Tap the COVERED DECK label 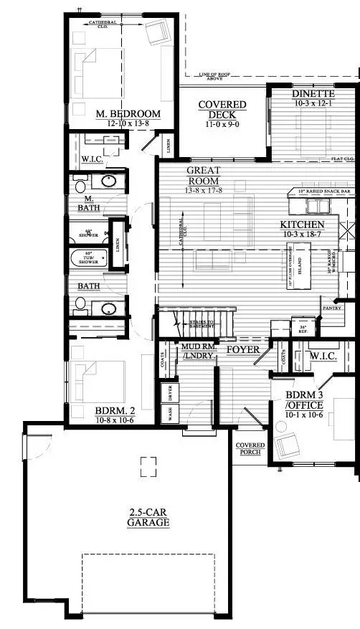coord(222,110)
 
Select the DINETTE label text coord(313,95)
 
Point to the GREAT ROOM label coord(203,176)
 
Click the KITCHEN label coord(302,224)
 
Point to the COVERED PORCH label coord(250,449)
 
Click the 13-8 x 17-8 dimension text coord(203,190)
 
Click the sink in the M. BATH coord(108,181)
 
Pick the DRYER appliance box coord(171,394)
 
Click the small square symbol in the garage coord(148,466)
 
